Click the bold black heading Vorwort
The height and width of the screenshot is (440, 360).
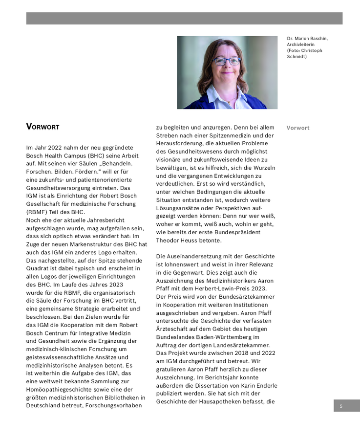tap(42, 127)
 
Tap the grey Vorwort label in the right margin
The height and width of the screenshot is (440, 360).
tap(298, 128)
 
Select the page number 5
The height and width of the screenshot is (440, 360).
tap(341, 406)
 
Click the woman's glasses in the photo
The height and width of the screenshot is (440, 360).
tap(227, 61)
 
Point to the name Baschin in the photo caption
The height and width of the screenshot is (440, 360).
tap(318, 38)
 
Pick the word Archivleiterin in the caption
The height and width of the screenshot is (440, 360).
tap(300, 44)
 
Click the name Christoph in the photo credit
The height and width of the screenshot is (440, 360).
tap(311, 50)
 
